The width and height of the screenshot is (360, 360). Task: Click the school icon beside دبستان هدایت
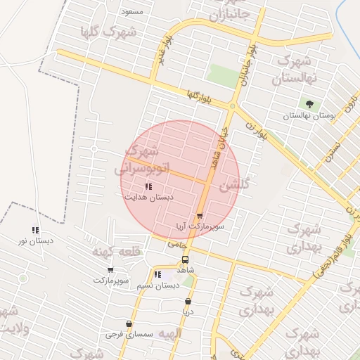click(x=148, y=186)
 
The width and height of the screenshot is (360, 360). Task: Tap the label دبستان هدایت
click(x=149, y=198)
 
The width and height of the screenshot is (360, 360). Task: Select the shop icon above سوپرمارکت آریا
click(x=200, y=216)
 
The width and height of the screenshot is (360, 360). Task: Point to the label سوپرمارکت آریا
click(x=200, y=226)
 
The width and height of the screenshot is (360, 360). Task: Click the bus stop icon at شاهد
click(x=185, y=259)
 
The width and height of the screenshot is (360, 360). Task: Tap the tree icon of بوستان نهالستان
click(x=309, y=104)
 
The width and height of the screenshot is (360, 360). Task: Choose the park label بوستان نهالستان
click(x=310, y=115)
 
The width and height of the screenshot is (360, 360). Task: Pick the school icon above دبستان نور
click(x=35, y=230)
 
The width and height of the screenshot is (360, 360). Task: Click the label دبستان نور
click(x=36, y=241)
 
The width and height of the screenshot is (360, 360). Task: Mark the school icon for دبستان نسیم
click(x=157, y=274)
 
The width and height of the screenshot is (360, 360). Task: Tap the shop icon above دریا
click(x=187, y=301)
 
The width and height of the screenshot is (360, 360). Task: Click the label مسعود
click(x=132, y=12)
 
